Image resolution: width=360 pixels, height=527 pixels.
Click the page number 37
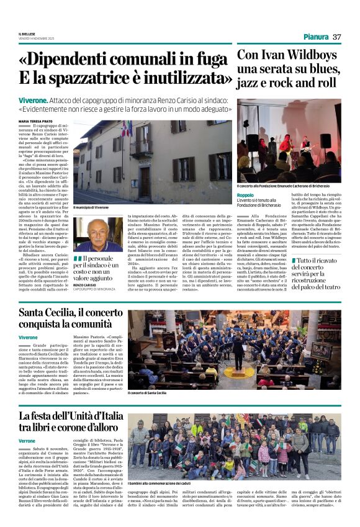coord(337,37)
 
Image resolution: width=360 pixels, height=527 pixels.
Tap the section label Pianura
coord(317,37)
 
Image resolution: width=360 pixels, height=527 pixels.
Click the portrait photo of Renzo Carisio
coord(97,234)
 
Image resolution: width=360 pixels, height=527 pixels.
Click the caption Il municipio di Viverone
coord(91,207)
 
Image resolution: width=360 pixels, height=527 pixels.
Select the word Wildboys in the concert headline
coord(309,55)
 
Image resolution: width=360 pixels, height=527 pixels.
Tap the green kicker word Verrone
coord(27,440)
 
